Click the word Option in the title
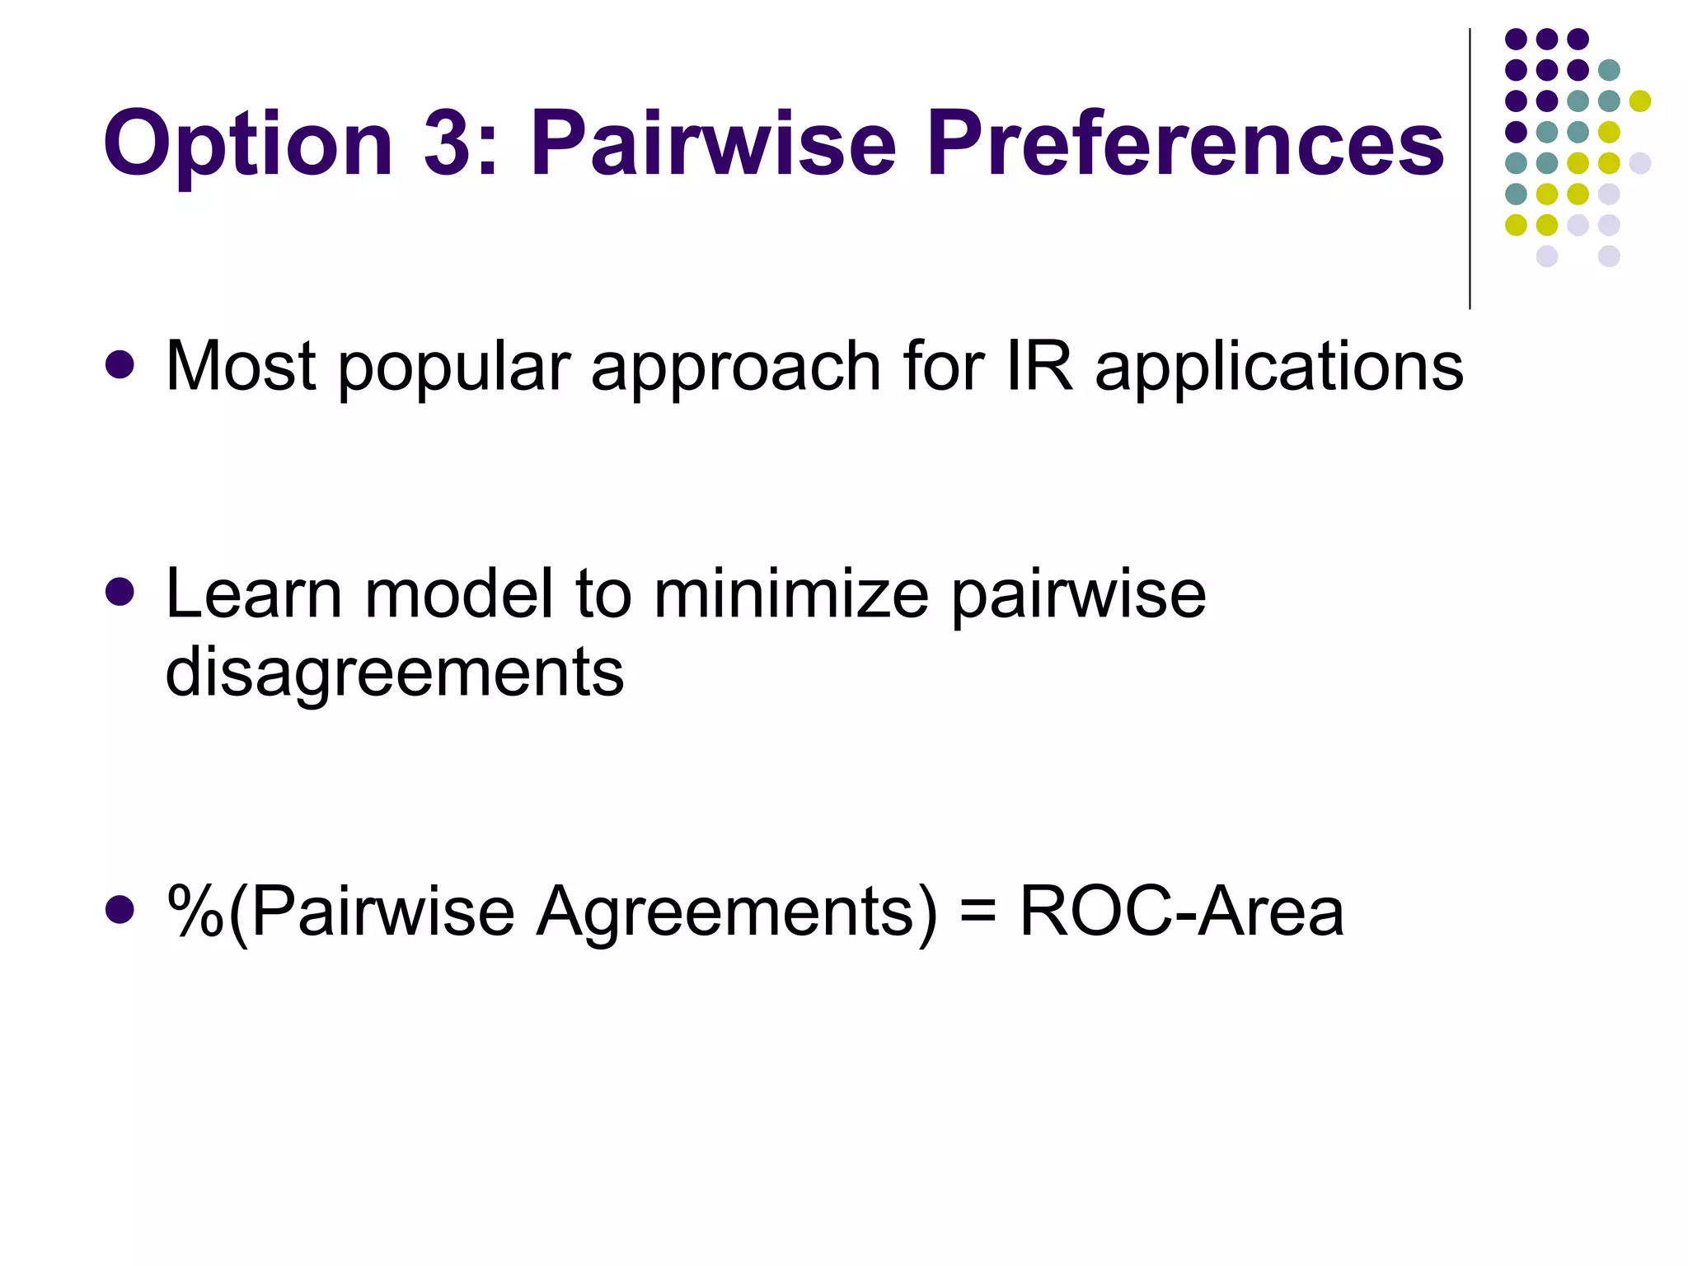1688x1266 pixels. click(x=247, y=145)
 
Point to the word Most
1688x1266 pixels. click(x=240, y=366)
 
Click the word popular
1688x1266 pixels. click(x=454, y=368)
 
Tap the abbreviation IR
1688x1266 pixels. click(x=1039, y=366)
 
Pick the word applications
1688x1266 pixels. click(x=1278, y=368)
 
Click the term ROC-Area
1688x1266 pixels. click(x=1181, y=912)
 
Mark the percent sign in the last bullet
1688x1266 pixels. click(x=195, y=912)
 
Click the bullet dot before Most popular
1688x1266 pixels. click(x=120, y=365)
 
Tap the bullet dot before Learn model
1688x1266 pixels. click(x=120, y=592)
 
